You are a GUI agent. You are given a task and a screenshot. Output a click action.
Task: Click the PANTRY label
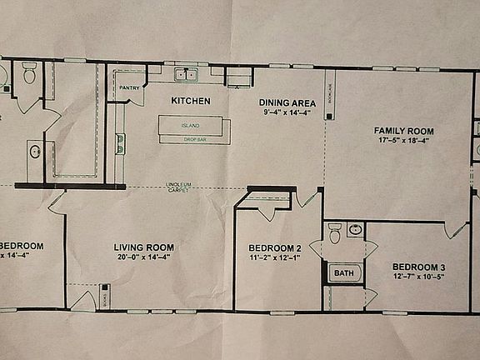(129, 87)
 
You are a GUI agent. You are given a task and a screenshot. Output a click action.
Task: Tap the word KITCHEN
(190, 101)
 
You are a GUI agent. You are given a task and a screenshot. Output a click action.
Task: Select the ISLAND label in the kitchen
(190, 127)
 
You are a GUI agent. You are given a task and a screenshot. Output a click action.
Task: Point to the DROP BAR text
(195, 139)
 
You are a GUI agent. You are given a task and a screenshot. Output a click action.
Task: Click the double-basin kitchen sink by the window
(186, 75)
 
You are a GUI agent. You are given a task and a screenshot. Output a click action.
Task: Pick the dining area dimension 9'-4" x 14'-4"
(286, 112)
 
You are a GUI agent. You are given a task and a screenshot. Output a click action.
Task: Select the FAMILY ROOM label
(403, 131)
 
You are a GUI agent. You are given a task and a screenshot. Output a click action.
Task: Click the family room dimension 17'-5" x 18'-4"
(403, 141)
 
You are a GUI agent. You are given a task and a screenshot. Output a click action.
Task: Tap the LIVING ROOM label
(143, 247)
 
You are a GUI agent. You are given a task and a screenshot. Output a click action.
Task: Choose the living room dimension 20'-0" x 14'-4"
(143, 257)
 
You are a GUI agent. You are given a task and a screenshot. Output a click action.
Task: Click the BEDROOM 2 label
(275, 247)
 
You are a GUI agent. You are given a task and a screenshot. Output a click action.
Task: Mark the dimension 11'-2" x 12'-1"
(275, 258)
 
